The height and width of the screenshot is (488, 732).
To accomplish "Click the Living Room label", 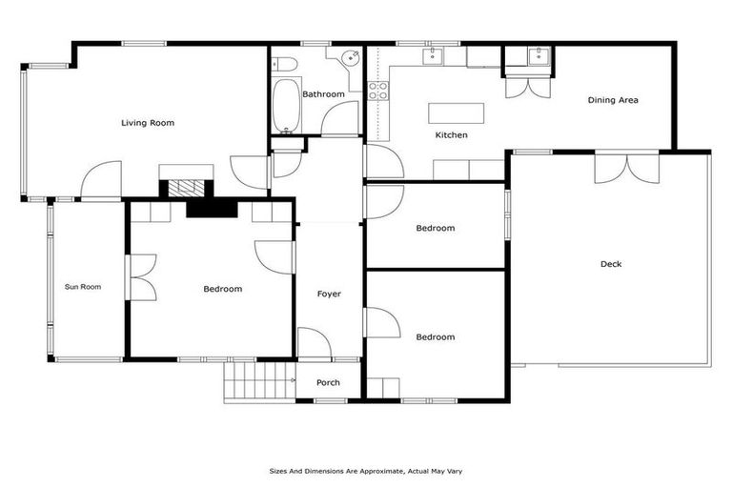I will click(147, 122).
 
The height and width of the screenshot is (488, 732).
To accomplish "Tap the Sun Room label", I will click(82, 286).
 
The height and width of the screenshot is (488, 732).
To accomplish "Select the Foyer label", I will click(329, 294).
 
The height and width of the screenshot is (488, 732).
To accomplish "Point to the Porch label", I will click(328, 382).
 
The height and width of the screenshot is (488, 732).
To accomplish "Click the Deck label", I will click(610, 264).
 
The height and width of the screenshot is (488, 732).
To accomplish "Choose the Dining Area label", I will click(612, 99).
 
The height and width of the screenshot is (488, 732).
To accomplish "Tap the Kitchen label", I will click(451, 135).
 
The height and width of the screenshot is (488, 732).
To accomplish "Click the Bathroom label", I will click(323, 94).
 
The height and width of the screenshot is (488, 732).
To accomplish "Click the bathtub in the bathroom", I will click(284, 107).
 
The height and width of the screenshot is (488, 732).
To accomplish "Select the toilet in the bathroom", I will click(285, 65).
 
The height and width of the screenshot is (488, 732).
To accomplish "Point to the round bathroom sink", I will click(350, 57).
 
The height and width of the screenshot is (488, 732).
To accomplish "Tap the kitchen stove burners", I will click(377, 91).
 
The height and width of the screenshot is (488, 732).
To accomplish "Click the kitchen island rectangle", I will click(456, 112).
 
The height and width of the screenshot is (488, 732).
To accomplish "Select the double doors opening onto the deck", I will click(626, 167).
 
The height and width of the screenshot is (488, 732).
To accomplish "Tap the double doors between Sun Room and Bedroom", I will click(141, 278).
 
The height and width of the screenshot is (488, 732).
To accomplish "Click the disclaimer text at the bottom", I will click(366, 471).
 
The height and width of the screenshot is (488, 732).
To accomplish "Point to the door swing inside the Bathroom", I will click(335, 120).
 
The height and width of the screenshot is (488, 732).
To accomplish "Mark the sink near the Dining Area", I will click(539, 57).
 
